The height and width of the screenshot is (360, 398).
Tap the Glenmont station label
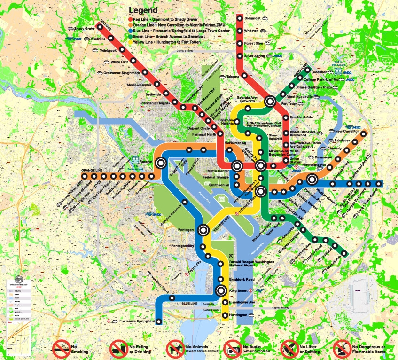click(252, 18)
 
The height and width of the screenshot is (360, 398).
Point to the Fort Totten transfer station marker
click(270, 101)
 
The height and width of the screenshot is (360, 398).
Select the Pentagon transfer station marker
click(203, 230)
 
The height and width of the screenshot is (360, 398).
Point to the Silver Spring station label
click(255, 55)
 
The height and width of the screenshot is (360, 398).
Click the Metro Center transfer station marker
click(237, 166)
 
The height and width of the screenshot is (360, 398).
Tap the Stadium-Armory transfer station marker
click(312, 179)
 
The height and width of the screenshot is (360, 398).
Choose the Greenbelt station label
click(320, 72)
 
